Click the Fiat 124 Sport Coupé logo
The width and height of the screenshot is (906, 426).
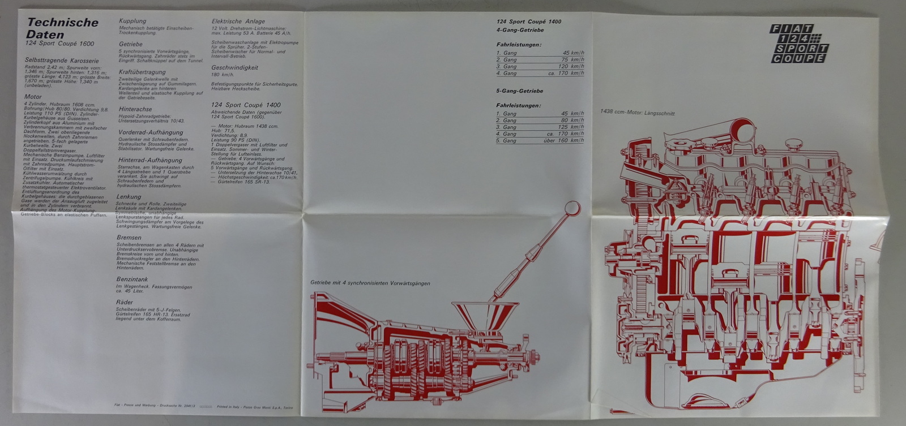[x=799, y=44]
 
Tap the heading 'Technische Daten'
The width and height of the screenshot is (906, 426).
[x=62, y=28]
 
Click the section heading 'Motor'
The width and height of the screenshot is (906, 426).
[x=33, y=97]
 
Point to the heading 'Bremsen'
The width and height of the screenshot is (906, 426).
[x=129, y=238]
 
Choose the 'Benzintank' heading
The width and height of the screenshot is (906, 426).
[x=132, y=279]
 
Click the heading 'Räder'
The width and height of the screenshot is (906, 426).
[x=125, y=303]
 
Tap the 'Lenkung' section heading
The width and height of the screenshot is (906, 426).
[x=129, y=196]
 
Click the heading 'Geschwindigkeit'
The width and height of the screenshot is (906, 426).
[x=234, y=67]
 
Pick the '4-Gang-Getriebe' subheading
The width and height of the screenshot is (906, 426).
[x=520, y=30]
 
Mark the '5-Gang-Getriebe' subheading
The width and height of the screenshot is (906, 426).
[x=520, y=91]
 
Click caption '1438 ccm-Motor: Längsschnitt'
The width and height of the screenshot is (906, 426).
[x=637, y=113]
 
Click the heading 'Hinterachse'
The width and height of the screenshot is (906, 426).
[x=135, y=109]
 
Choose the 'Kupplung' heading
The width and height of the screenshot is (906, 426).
[x=133, y=21]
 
